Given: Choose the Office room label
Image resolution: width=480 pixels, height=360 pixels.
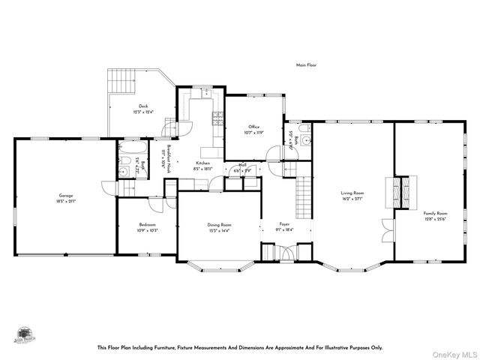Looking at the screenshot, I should pos(253,127).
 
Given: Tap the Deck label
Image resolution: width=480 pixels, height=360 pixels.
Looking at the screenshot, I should pos(142,106).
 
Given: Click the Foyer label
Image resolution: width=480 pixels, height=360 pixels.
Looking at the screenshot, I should pos(284,224).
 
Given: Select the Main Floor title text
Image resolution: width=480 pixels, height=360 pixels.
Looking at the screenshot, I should pos(306,65).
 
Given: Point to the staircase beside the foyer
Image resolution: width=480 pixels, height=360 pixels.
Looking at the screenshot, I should pos(303,196).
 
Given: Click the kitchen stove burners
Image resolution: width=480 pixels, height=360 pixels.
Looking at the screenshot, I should pos(218,117).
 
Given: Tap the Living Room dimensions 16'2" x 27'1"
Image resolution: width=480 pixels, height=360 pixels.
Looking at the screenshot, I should pos(352,199).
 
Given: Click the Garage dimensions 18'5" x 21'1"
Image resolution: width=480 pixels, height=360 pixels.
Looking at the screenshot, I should pos(66,200).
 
